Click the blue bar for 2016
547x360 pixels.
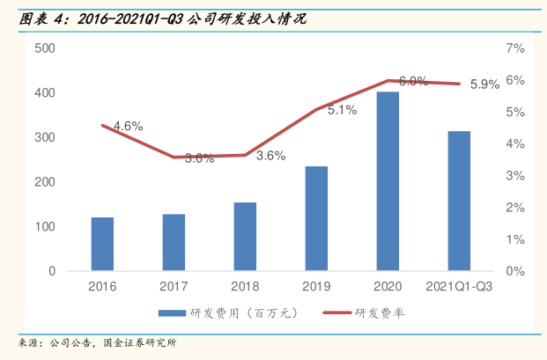click(x=102, y=244)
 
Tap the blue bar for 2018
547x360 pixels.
click(x=245, y=237)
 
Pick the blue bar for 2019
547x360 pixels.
click(x=316, y=218)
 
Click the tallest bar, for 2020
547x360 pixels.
click(x=388, y=181)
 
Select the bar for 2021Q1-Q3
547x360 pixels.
click(x=459, y=201)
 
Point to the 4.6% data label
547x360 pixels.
click(x=129, y=126)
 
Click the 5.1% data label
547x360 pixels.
click(x=342, y=110)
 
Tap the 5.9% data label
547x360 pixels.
click(x=484, y=84)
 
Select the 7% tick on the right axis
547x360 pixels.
click(x=515, y=48)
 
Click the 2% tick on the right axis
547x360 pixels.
click(x=515, y=208)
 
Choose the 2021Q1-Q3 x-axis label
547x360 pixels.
click(x=459, y=286)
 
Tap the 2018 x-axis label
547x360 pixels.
click(x=245, y=286)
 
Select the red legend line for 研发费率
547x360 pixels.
click(x=336, y=313)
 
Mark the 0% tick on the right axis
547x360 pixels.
click(x=515, y=271)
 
